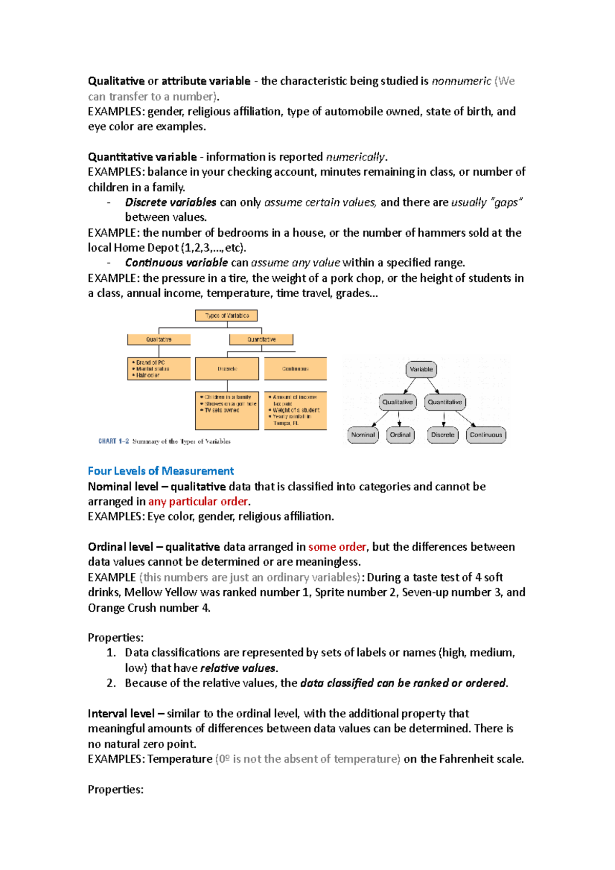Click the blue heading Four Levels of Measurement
pos(160,471)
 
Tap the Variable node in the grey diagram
pos(421,369)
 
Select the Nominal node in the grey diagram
pos(363,435)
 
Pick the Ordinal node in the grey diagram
pos(400,435)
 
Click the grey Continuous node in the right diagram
pos(486,435)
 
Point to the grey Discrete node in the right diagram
pos(443,435)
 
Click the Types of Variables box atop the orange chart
pos(227,316)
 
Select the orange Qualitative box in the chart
pos(159,339)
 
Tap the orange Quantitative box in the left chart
pos(261,339)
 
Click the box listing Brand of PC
pos(159,368)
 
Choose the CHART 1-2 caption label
pos(114,441)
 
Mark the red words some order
pos(337,547)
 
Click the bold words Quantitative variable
pos(142,157)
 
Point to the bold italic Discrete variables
pos(170,202)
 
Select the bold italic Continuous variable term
pos(176,263)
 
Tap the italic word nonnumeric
pos(461,81)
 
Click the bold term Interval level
pos(121,714)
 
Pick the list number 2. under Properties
pos(111,683)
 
